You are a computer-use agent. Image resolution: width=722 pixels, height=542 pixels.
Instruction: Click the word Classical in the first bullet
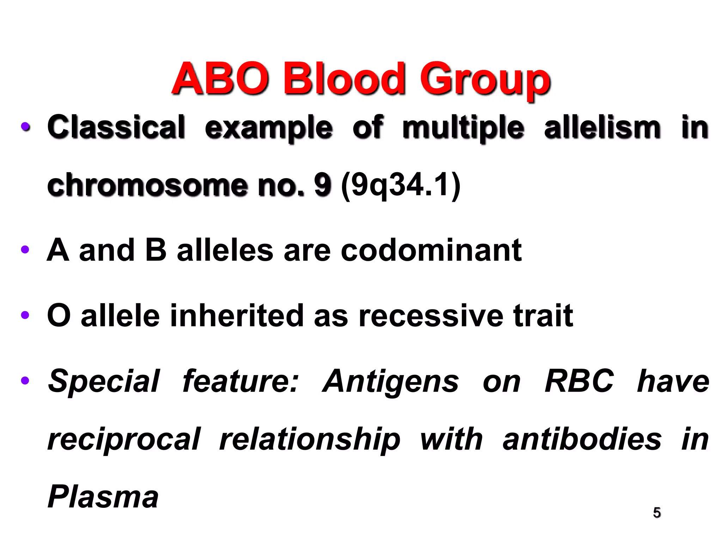[116, 127]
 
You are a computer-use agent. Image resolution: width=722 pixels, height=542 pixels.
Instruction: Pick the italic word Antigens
[391, 381]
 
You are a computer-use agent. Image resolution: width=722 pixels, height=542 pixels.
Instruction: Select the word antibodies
[582, 439]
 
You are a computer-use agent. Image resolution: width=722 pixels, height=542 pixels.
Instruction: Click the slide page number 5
[657, 512]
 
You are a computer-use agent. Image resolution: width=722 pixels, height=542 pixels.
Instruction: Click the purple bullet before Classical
[25, 127]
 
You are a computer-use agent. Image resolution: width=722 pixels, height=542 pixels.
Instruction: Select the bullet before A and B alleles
[25, 250]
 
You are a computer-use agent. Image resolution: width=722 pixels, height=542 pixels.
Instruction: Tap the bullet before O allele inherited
[25, 315]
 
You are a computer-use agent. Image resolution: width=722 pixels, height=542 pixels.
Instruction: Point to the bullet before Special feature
[25, 380]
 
